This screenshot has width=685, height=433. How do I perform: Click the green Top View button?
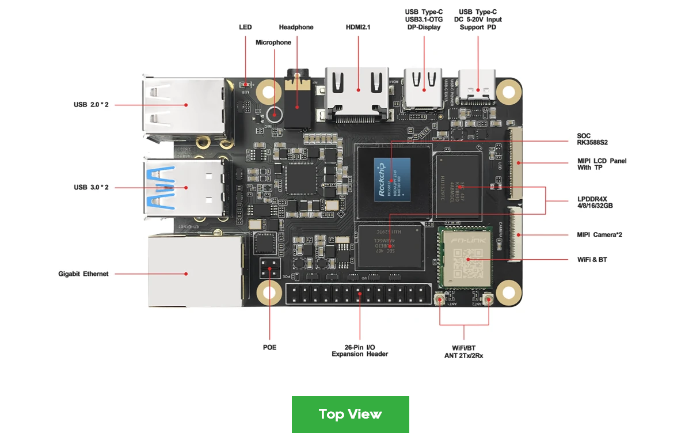350,413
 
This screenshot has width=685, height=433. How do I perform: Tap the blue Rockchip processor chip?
393,179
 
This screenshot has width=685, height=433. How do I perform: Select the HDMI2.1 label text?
358,27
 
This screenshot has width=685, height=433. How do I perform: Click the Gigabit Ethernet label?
83,274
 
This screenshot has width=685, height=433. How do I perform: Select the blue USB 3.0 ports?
184,186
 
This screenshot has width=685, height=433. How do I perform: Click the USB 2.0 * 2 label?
91,105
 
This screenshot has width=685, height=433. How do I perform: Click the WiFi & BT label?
592,260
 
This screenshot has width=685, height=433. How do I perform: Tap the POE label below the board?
269,347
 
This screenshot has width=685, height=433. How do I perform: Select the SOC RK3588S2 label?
592,139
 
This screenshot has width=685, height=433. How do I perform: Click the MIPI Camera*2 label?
599,235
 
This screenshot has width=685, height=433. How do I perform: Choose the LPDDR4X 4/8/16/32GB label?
595,202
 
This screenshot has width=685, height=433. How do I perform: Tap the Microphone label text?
273,43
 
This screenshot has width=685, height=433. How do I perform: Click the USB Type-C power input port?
477,86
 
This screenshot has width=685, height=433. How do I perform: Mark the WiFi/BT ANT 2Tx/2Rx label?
463,352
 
